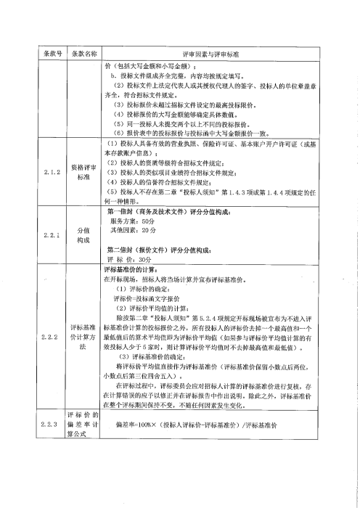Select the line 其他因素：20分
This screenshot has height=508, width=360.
pos(133,229)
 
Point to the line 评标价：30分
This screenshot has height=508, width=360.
pos(131,258)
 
